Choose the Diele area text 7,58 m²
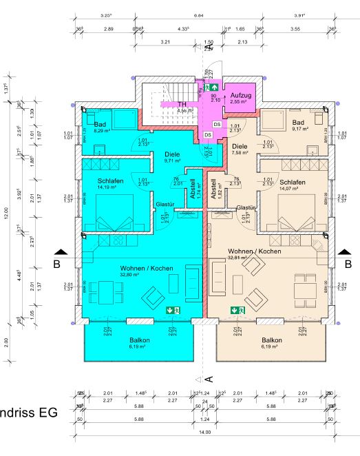tap(240, 154)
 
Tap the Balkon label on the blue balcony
tap(139, 340)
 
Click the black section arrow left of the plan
tap(61, 253)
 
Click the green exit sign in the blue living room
tap(173, 311)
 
